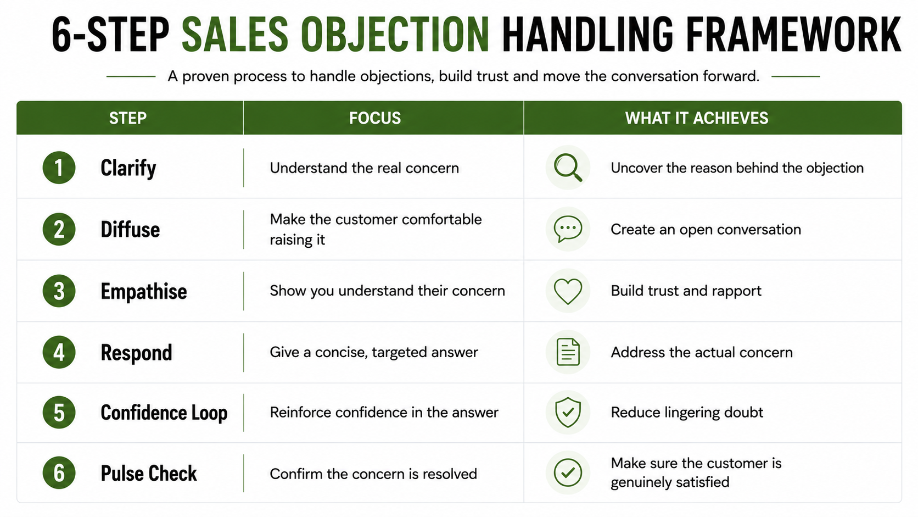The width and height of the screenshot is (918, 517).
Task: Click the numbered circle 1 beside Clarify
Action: coord(59,168)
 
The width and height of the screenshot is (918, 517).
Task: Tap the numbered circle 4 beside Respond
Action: coord(59,352)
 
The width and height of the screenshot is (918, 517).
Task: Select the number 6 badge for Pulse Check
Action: coord(59,472)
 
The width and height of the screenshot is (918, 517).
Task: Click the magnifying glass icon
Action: coord(568,167)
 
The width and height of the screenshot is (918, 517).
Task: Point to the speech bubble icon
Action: coord(568,229)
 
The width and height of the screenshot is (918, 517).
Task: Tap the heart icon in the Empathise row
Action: coord(568,291)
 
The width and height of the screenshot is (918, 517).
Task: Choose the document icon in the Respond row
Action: coord(568,352)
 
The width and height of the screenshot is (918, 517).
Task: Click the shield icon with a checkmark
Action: coord(568,412)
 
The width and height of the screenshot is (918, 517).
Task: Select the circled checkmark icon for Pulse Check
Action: coord(568,472)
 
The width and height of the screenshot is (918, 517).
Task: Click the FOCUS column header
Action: coord(375,118)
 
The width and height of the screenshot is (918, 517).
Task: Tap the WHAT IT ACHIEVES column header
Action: coord(697,118)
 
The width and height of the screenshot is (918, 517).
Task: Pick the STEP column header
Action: coord(128,118)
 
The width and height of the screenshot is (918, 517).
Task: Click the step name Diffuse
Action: coord(130,229)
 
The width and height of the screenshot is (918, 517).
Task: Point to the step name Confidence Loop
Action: coord(164,413)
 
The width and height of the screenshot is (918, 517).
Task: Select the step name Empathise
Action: coord(144,291)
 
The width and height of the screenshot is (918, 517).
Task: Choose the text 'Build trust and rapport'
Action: coord(686,291)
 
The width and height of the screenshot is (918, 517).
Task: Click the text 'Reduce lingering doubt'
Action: coord(687,412)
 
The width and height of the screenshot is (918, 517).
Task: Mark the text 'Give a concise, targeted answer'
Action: coord(374,352)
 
